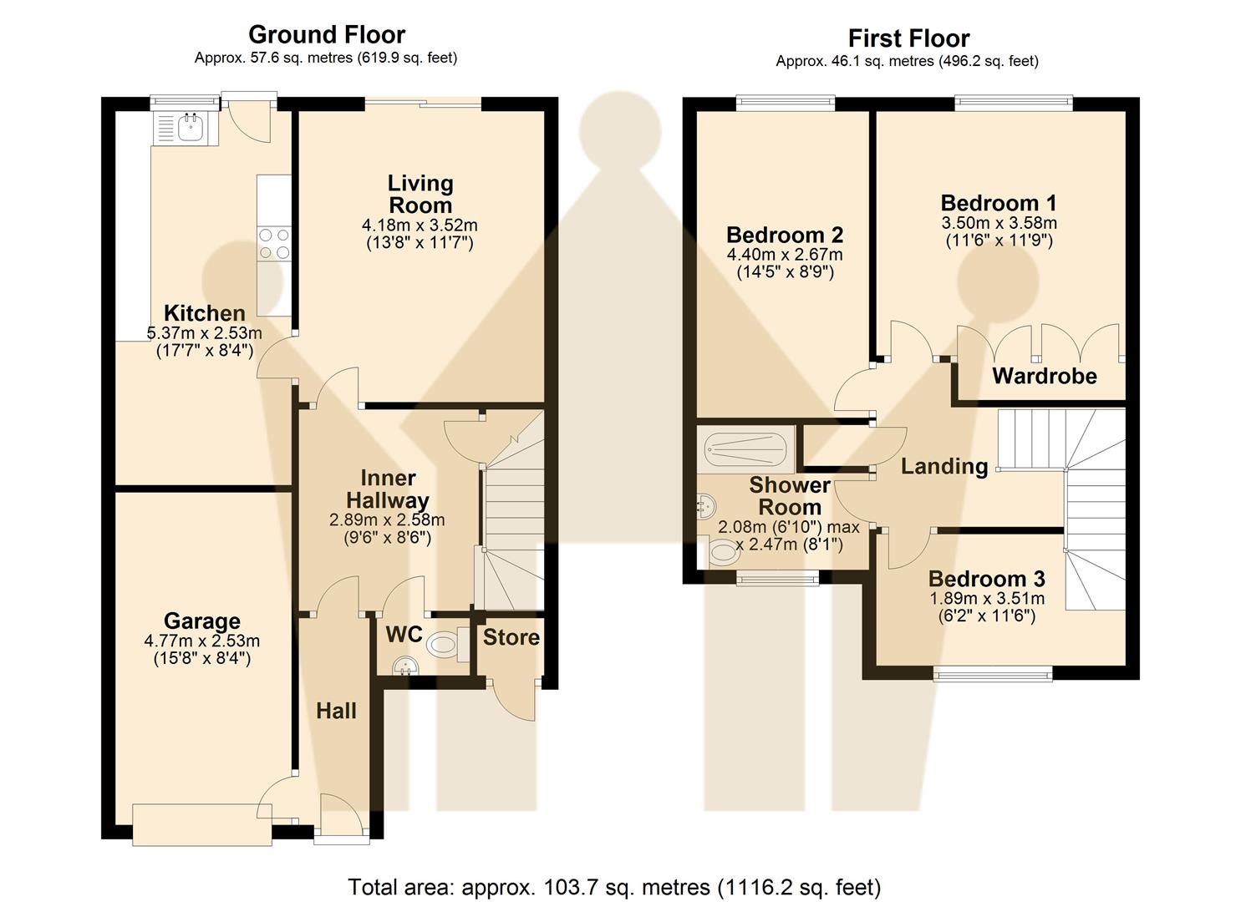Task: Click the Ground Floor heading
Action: click(327, 35)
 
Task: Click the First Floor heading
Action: click(908, 38)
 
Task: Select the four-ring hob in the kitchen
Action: click(274, 243)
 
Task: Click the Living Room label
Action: click(420, 194)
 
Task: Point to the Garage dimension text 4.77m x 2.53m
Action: click(201, 641)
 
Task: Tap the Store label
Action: click(511, 637)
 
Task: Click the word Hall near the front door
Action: click(336, 711)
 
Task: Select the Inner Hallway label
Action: click(387, 489)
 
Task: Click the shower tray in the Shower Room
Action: click(746, 450)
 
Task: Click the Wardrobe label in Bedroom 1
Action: click(1044, 376)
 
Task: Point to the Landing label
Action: click(943, 466)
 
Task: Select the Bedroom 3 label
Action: click(986, 579)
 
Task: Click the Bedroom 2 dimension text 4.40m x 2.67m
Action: click(785, 255)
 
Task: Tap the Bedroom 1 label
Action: click(999, 203)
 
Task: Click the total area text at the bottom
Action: click(614, 886)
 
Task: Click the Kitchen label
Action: click(205, 313)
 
